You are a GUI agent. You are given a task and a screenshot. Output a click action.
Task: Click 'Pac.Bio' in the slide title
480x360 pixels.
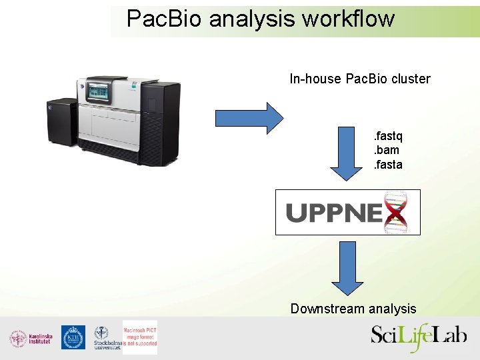tap(165, 19)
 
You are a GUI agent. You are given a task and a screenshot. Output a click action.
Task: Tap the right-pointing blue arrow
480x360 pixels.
tap(249, 118)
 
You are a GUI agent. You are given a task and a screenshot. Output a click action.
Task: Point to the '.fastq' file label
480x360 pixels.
tap(387, 137)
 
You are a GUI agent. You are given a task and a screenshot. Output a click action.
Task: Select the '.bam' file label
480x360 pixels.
tap(386, 151)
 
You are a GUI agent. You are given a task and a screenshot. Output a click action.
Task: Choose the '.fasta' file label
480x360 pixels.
tap(387, 165)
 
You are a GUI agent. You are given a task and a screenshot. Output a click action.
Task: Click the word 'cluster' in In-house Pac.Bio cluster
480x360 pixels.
tap(411, 79)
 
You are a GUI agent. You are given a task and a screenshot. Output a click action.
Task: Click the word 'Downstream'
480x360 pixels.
tap(323, 309)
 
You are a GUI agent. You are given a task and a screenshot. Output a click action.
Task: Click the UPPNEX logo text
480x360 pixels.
tap(333, 213)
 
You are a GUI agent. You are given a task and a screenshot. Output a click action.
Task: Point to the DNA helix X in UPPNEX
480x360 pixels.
tap(397, 212)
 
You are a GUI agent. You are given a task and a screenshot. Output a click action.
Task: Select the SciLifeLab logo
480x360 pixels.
tap(419, 335)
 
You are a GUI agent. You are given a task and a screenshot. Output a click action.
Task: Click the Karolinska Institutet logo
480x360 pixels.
tap(31, 338)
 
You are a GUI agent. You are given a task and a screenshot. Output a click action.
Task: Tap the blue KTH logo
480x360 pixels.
tap(73, 337)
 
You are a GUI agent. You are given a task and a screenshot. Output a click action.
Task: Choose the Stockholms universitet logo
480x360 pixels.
tap(103, 338)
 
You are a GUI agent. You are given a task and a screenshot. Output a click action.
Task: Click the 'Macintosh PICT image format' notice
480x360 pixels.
tap(140, 334)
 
